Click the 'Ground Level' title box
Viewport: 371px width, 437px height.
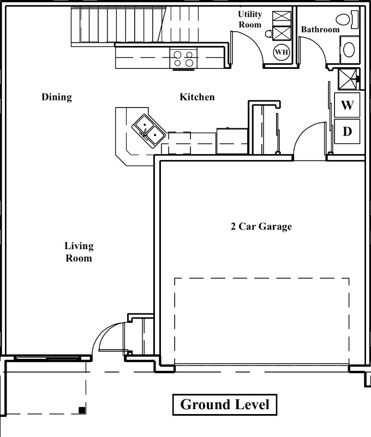(224, 405)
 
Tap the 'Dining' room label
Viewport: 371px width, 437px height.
(57, 97)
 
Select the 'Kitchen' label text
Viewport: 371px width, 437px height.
(197, 97)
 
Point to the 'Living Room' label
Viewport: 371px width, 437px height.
(79, 252)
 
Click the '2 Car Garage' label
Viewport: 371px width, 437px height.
(261, 226)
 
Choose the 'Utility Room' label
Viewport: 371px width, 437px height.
(250, 19)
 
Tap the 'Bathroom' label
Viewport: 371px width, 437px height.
(320, 29)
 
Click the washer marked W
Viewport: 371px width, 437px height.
(347, 105)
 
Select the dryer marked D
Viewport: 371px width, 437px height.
(347, 132)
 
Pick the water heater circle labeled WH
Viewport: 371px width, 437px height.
(282, 52)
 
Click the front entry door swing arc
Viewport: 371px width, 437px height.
(109, 336)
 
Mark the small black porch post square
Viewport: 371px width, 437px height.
(81, 410)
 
